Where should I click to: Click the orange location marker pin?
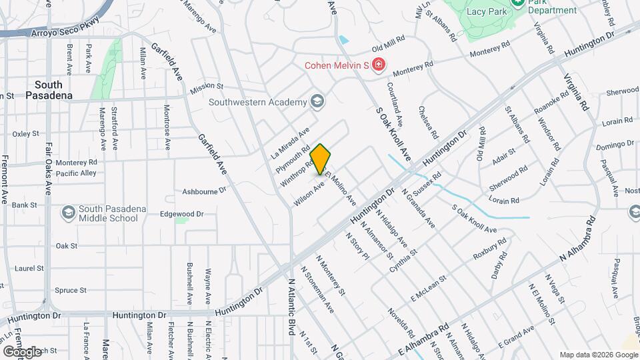point(321,159)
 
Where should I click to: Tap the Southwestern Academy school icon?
point(316,102)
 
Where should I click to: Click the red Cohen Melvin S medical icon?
point(379,65)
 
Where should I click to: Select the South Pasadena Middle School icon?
point(67,213)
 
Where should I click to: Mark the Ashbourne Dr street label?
point(205,191)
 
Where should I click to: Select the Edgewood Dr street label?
point(181,214)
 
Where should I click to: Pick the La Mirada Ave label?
point(290,143)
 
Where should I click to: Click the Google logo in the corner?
point(22,351)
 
